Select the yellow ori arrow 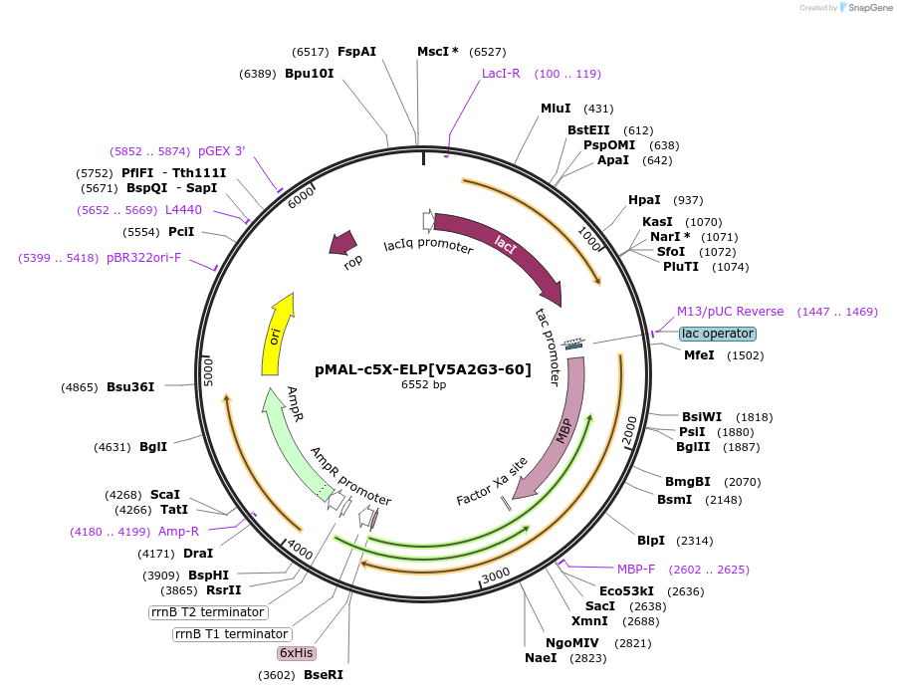click(278, 335)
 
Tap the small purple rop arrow click(345, 242)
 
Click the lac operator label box click(717, 334)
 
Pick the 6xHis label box click(297, 653)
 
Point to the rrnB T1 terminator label click(232, 634)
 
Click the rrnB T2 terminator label click(208, 612)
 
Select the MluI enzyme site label click(556, 109)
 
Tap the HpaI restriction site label click(644, 200)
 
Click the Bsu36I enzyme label click(130, 386)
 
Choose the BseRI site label click(325, 675)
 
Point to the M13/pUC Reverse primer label click(730, 312)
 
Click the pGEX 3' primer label click(221, 151)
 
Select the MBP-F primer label click(636, 570)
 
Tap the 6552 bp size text click(423, 384)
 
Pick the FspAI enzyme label click(356, 52)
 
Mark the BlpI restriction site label click(651, 541)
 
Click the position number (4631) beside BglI click(112, 447)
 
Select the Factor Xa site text click(492, 482)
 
